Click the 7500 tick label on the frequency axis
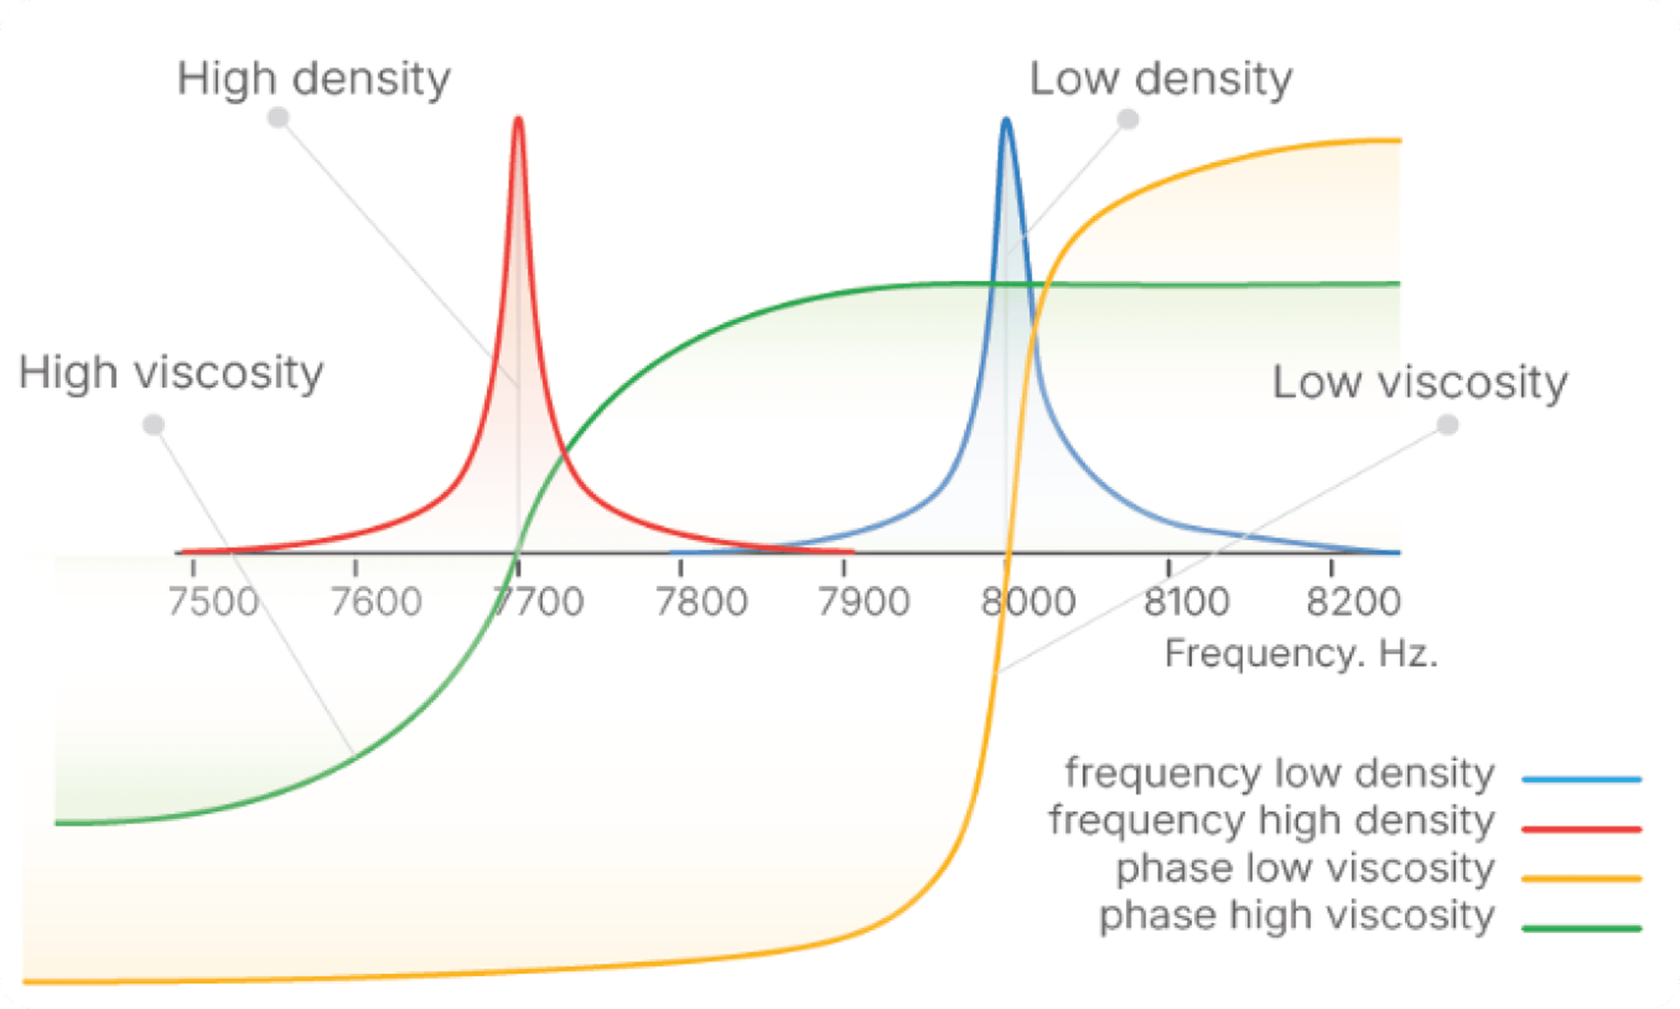pos(213,602)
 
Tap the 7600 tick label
pos(376,602)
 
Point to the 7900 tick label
pos(864,602)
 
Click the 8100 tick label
pos(1187,602)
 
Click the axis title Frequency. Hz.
pos(1301,654)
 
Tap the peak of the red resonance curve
pos(519,120)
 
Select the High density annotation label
pos(313,80)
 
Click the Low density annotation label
pos(1161,80)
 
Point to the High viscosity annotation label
pos(170,374)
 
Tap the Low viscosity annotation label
pos(1420,382)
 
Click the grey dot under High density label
pos(278,118)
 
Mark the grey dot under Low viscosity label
pos(1448,425)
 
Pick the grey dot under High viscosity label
pos(154,424)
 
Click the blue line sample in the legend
pos(1582,780)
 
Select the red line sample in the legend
pos(1582,829)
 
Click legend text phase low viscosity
pos(1305,868)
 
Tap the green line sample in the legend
pos(1582,928)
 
